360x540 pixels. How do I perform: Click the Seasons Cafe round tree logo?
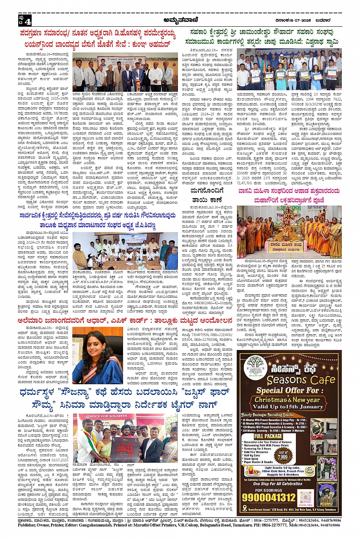(254, 366)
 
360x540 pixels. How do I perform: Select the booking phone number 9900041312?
(269, 497)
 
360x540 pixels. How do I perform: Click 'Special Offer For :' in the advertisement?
(288, 390)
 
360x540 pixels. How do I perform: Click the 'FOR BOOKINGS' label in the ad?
(269, 490)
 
